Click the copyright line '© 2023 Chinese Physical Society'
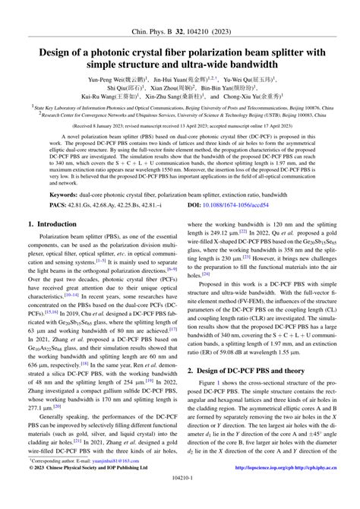tap(72, 488)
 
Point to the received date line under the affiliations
tap(180, 125)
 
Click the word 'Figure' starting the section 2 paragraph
tap(207, 385)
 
